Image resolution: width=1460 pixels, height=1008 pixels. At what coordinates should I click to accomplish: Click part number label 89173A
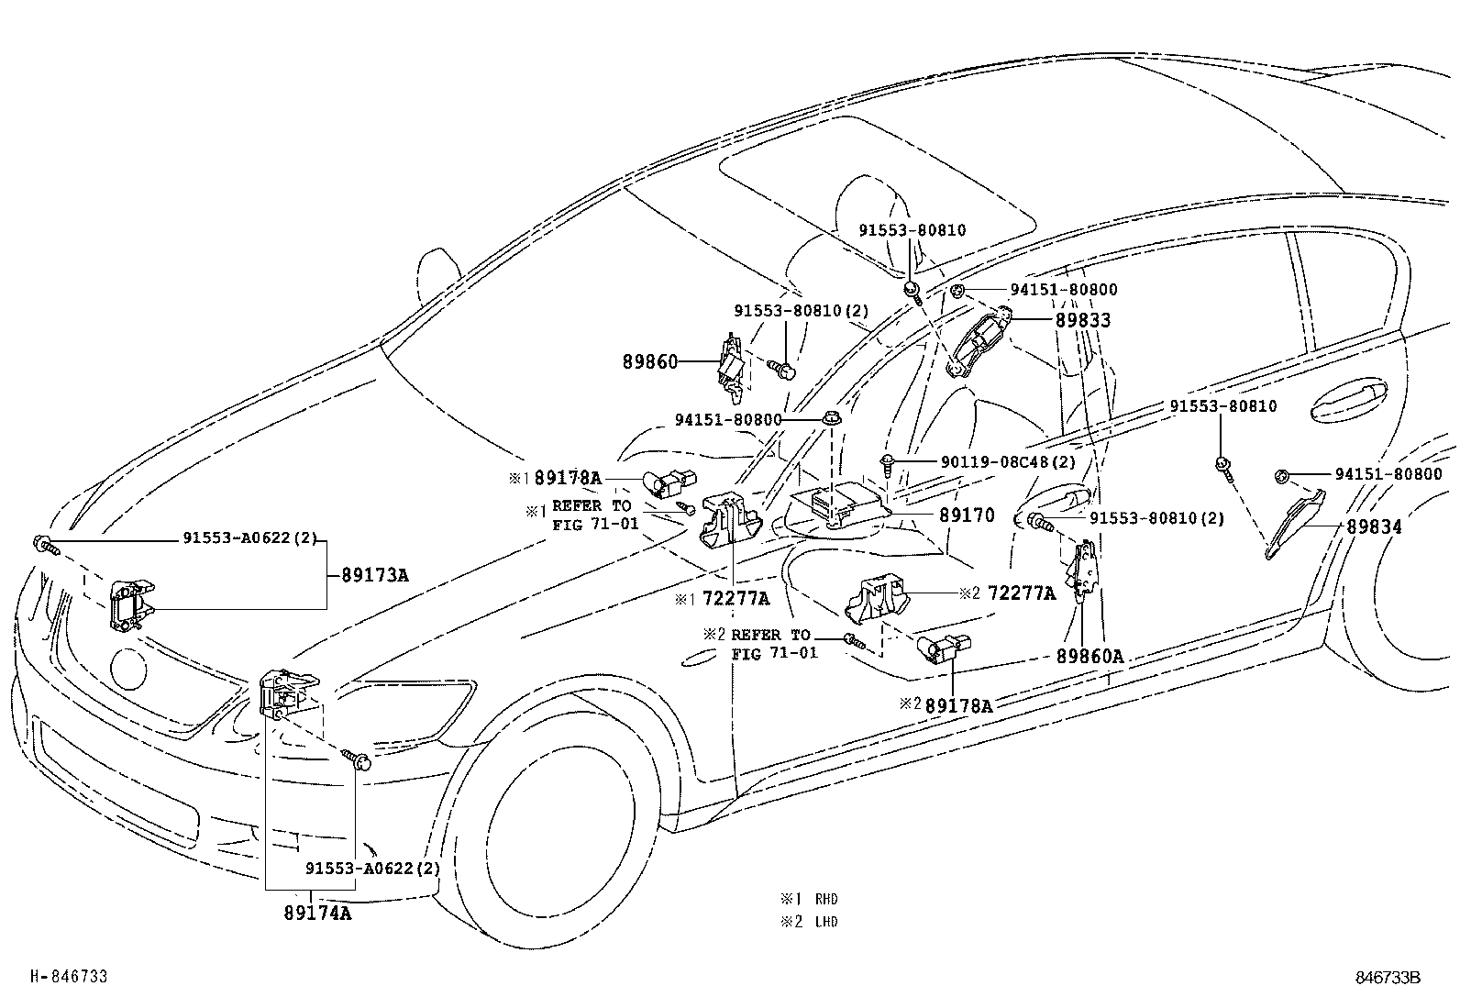[374, 576]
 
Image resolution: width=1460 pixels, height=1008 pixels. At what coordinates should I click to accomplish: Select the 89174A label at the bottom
[317, 914]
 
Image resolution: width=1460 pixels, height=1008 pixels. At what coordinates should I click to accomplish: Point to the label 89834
[1374, 527]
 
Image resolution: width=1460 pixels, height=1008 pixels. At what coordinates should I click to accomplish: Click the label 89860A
[1089, 657]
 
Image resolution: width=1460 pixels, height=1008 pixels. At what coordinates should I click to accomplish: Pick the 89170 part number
[966, 516]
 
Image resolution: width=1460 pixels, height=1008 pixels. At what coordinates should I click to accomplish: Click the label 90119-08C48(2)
[1008, 462]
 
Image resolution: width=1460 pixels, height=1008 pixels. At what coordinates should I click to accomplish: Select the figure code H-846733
[69, 977]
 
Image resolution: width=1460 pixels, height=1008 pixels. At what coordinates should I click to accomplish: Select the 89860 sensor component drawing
[731, 367]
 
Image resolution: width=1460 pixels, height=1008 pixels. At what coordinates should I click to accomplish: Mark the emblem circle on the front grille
[127, 670]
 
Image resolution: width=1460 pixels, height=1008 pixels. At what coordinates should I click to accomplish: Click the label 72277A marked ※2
[1020, 594]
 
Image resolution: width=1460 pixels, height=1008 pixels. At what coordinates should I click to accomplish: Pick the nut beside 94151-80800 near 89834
[1282, 475]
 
